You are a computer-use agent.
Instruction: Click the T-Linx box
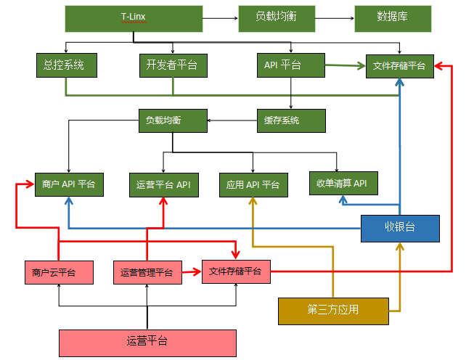[x=134, y=19]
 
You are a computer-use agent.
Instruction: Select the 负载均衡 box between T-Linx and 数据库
[x=277, y=19]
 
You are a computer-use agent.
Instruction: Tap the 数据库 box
[x=393, y=19]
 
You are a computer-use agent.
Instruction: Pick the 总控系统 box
[x=67, y=65]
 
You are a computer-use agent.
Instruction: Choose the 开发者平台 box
[x=173, y=65]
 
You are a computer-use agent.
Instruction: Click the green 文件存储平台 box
[x=400, y=66]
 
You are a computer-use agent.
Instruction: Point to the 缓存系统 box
[x=291, y=120]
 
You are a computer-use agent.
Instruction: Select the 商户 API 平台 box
[x=69, y=184]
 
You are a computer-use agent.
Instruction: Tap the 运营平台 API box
[x=164, y=185]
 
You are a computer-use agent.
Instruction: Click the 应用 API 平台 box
[x=253, y=185]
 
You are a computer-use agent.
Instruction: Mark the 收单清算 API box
[x=343, y=183]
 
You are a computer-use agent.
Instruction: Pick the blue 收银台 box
[x=400, y=229]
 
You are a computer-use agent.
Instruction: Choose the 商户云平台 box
[x=59, y=272]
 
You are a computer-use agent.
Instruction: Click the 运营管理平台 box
[x=147, y=272]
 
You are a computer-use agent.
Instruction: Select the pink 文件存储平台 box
[x=236, y=271]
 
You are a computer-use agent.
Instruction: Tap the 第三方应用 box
[x=333, y=311]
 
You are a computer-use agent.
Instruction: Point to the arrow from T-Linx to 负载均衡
[x=221, y=18]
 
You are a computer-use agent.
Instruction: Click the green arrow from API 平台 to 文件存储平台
[x=346, y=65]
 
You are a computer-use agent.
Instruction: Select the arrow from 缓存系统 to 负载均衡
[x=232, y=120]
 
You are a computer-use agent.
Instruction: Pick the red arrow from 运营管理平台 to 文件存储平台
[x=192, y=271]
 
